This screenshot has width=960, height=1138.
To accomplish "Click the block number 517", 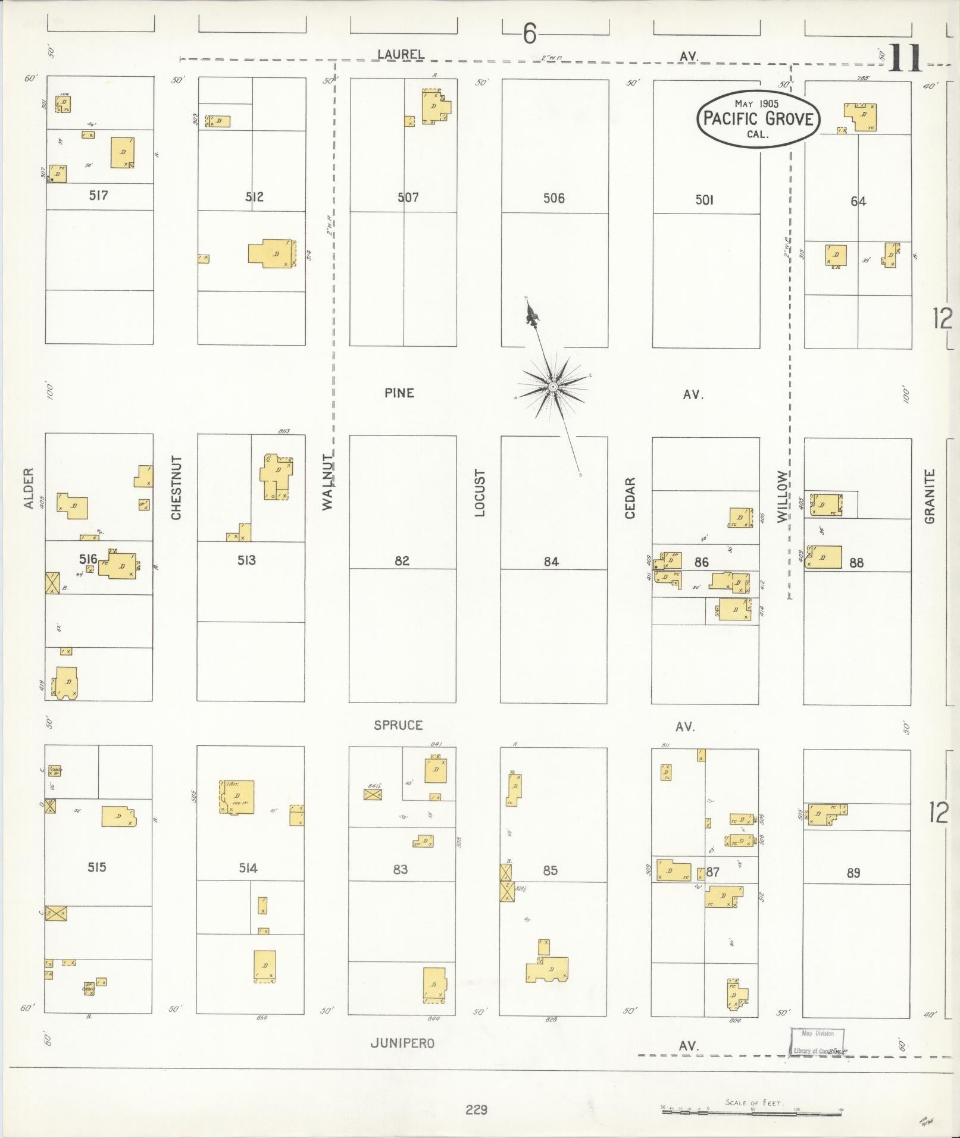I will [98, 195].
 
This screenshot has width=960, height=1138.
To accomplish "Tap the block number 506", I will [554, 198].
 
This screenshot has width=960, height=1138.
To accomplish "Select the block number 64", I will [858, 202].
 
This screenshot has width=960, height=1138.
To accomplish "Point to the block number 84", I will [551, 561].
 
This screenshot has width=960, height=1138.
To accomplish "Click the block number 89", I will [853, 873].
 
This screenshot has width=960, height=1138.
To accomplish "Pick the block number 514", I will [248, 869].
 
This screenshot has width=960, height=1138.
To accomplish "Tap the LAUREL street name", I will [401, 54].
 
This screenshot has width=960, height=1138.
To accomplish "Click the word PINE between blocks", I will [399, 393].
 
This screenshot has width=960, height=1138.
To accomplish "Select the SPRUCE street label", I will [398, 725].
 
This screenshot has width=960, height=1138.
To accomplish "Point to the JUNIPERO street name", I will [402, 1043].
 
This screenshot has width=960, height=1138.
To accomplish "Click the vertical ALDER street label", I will [28, 488].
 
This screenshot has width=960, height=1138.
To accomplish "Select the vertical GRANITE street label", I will [930, 497].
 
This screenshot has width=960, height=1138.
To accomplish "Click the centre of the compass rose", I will [553, 387].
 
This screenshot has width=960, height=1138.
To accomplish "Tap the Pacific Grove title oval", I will [758, 119].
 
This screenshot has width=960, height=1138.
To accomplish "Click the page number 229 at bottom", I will [476, 1109].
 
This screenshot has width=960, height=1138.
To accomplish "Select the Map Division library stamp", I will [818, 1042].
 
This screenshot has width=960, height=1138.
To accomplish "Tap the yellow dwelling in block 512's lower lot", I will [272, 253].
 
